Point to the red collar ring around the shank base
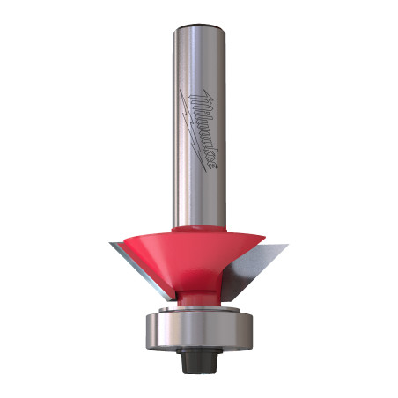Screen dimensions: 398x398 coord(199,227)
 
